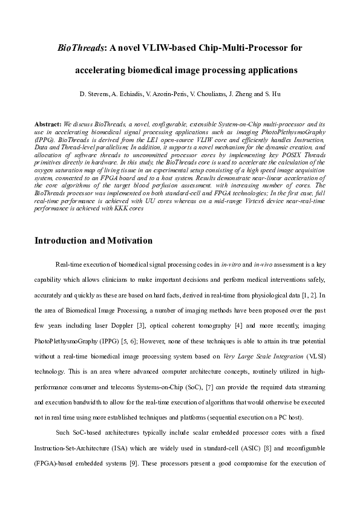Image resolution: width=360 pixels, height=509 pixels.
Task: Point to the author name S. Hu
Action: coord(272,95)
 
